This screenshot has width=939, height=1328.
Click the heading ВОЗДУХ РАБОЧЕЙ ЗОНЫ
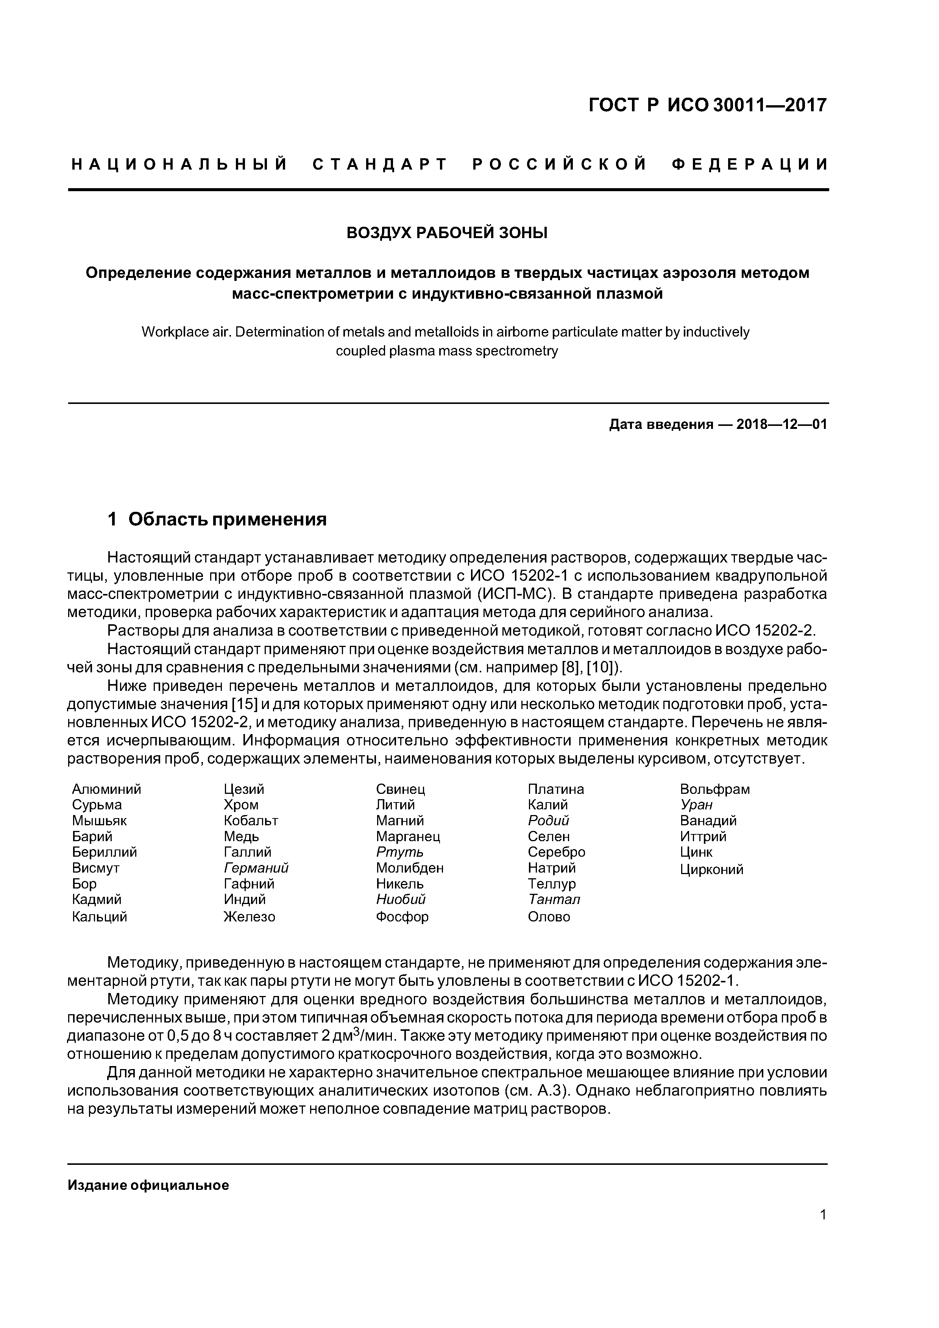click(x=447, y=233)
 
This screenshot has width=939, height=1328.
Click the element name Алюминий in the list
click(x=106, y=789)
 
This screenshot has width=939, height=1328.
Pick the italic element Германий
click(x=256, y=868)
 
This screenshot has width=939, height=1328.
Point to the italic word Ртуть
click(x=399, y=852)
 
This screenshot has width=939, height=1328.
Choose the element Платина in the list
click(x=555, y=789)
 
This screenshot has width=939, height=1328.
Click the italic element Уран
click(x=696, y=804)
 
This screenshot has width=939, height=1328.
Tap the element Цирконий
click(x=711, y=869)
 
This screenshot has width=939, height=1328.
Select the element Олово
click(x=549, y=917)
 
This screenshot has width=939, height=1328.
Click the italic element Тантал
click(x=554, y=899)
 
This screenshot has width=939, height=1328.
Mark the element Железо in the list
click(x=250, y=917)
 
